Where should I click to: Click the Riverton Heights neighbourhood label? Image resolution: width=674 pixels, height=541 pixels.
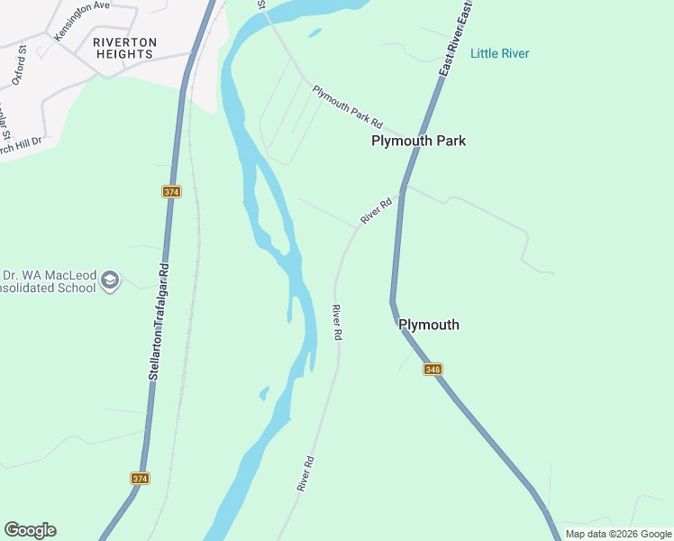point(124,48)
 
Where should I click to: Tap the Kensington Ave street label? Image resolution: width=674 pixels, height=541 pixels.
point(81,19)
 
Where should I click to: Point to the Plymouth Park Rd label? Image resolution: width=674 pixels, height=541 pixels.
point(348,107)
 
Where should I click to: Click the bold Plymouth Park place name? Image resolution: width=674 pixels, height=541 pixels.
point(419,142)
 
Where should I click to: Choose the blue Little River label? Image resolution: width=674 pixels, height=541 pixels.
point(500,54)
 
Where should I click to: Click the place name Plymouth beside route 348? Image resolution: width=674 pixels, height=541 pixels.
point(429,325)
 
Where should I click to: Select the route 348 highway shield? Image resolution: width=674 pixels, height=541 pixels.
point(433,369)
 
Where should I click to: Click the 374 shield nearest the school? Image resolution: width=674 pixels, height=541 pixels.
point(172,192)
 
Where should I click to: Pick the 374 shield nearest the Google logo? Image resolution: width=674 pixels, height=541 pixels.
point(140,479)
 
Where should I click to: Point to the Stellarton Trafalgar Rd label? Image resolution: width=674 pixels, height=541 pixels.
point(159,320)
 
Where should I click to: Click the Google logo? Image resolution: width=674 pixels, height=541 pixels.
point(30,530)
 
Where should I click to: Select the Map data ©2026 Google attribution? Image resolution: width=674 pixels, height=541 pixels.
point(617,534)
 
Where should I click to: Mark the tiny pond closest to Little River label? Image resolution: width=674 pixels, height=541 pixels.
point(314,33)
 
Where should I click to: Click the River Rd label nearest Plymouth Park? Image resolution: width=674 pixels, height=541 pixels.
point(377,210)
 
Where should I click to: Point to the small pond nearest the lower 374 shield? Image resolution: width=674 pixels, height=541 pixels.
point(264,393)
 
